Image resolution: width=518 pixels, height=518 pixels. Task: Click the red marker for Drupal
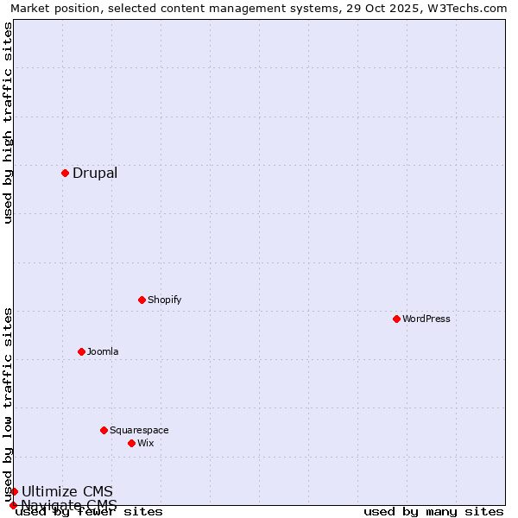click(65, 173)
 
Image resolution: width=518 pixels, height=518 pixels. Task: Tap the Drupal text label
click(95, 173)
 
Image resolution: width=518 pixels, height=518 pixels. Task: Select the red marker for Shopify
click(142, 300)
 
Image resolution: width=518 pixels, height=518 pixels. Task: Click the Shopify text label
click(164, 300)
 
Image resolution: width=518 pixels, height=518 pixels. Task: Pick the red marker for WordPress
click(396, 319)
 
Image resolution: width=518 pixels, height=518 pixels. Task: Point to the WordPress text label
click(426, 319)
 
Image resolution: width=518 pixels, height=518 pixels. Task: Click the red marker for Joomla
click(81, 351)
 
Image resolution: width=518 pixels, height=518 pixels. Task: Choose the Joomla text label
click(103, 351)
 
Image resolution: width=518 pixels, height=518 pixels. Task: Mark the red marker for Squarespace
click(104, 430)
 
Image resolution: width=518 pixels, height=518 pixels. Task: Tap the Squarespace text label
click(139, 430)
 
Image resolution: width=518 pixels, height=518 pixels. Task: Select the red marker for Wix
click(131, 443)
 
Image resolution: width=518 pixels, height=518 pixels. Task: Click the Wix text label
click(146, 443)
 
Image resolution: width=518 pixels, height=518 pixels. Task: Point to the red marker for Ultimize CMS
click(14, 491)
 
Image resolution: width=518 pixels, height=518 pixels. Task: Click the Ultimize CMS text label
click(67, 492)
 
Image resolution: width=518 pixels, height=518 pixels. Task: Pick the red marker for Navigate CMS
click(13, 505)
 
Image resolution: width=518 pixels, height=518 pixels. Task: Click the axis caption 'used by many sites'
click(433, 512)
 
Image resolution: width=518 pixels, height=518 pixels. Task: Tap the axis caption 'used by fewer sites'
click(89, 512)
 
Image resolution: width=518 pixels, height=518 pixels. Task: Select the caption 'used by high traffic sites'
click(8, 123)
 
